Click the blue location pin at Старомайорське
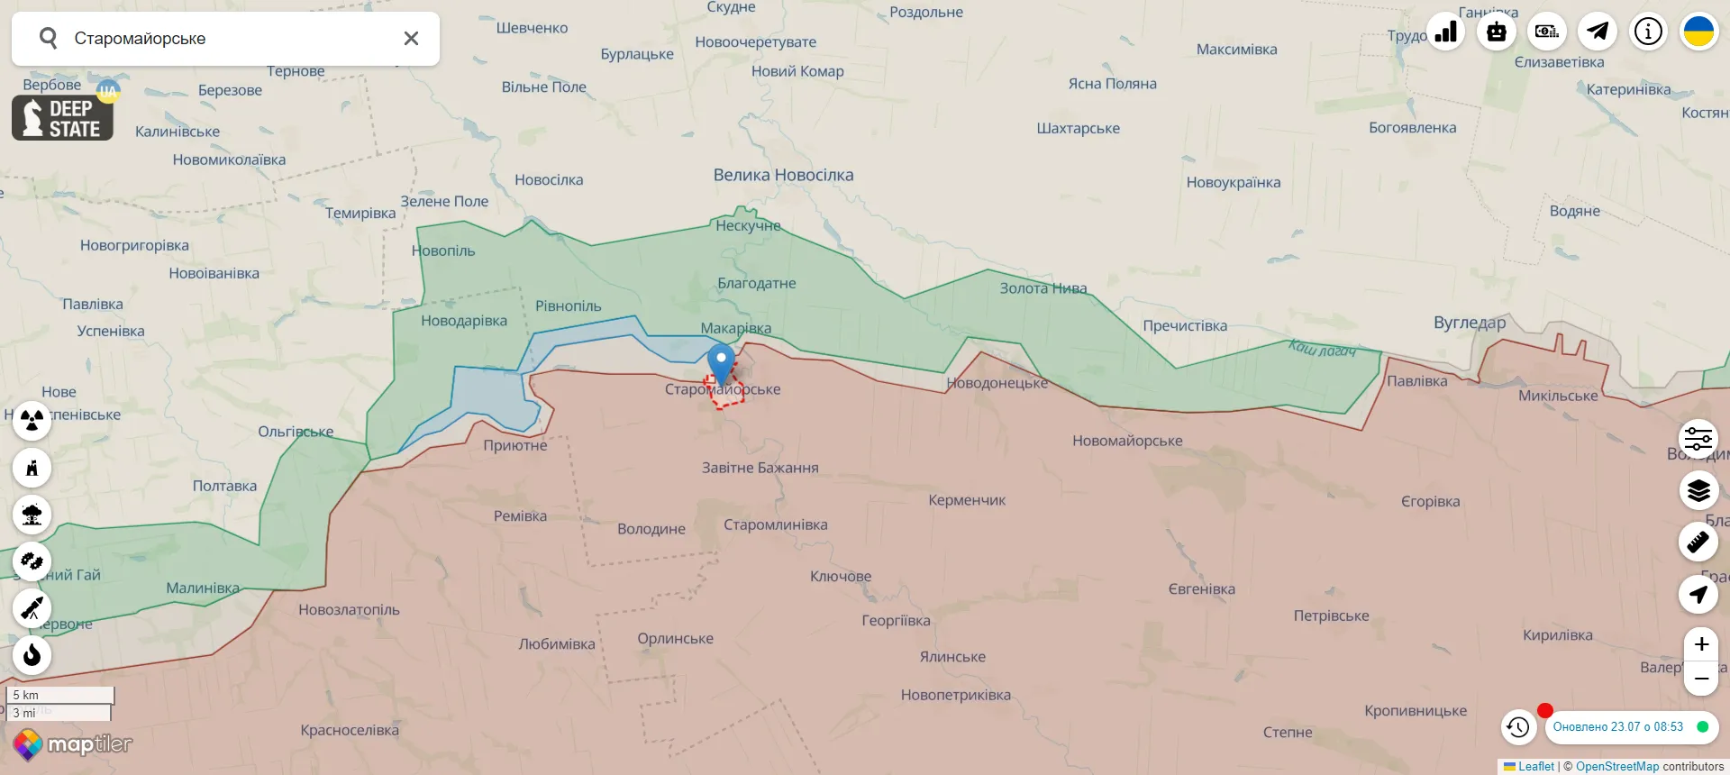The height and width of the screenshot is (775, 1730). click(721, 361)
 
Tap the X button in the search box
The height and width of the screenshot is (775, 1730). click(411, 39)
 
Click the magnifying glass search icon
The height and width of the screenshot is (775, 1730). click(49, 38)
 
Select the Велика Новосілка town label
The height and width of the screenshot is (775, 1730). click(783, 175)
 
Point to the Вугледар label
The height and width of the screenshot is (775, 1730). click(1469, 323)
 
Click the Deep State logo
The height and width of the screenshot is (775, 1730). click(62, 118)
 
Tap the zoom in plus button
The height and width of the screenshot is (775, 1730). click(1700, 644)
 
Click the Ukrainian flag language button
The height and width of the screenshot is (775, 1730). click(1698, 32)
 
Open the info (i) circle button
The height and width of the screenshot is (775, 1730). click(1648, 32)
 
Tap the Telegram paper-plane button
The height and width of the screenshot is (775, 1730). click(1598, 32)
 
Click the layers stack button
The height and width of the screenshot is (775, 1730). click(1698, 490)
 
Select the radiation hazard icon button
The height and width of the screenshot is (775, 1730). click(32, 421)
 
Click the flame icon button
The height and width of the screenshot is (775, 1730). click(32, 654)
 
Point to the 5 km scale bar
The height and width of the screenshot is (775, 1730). click(60, 695)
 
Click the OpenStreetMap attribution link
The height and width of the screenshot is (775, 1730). click(1616, 767)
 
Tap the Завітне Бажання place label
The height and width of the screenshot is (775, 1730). click(760, 468)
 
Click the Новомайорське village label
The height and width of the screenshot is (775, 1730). click(1126, 441)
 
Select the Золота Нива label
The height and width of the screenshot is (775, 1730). click(1043, 288)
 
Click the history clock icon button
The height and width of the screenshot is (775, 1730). click(1518, 727)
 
